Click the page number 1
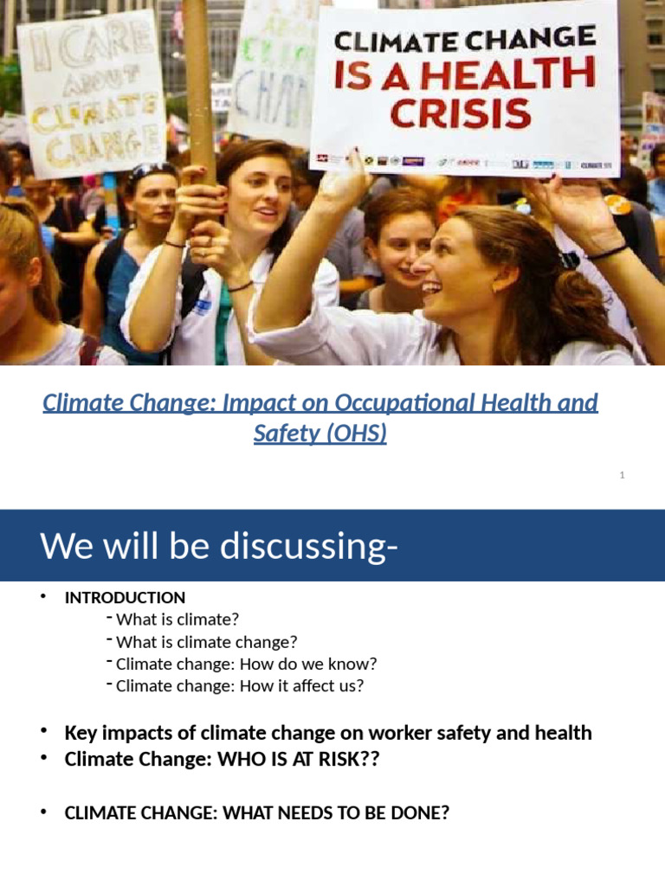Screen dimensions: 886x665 (x=622, y=475)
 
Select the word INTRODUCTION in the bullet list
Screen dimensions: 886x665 (x=125, y=598)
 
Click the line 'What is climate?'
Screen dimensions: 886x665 (x=177, y=620)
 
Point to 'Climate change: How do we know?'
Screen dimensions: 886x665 (x=246, y=664)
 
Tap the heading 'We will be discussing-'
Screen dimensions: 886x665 (x=219, y=547)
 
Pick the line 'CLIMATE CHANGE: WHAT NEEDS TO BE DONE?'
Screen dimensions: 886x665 (x=256, y=814)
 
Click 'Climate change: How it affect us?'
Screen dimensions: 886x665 (x=239, y=687)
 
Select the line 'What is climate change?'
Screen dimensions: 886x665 (x=206, y=642)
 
